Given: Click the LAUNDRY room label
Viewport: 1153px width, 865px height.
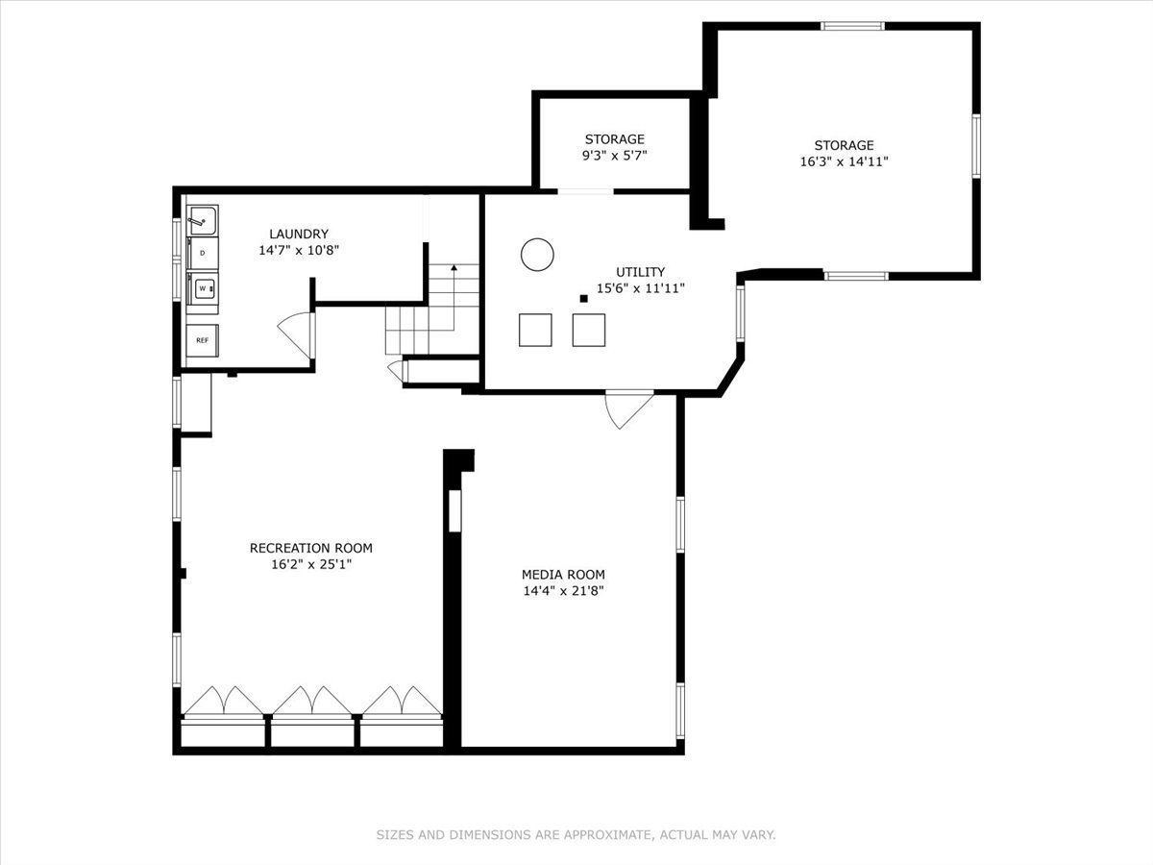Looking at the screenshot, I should point(299,234).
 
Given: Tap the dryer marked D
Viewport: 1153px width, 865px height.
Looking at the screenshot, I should point(202,253).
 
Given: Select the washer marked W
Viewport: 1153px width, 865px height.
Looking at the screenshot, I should point(203,287).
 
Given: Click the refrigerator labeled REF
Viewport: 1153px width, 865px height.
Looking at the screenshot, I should point(203,340).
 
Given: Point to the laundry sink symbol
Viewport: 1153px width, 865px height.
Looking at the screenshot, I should point(202,221).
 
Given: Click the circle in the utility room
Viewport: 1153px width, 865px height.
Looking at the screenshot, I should point(537,255).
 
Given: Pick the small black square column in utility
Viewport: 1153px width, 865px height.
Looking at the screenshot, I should point(583,299).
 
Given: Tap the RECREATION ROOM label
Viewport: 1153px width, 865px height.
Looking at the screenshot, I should point(310,548).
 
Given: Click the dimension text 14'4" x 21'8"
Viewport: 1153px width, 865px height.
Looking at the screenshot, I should point(563,591).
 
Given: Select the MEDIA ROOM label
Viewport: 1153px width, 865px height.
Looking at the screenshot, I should point(563,575).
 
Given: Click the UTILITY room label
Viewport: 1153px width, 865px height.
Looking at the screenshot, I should point(640,272).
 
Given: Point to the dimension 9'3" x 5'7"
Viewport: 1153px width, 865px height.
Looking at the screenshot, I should point(615,156).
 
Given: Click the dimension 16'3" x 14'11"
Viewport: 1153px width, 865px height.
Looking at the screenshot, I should point(844,162).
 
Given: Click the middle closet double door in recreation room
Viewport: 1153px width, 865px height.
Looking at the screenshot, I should point(311,701).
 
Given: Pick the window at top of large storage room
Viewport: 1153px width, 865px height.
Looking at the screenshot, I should point(852,26).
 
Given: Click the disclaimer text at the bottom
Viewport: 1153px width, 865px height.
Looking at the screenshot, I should point(576,835).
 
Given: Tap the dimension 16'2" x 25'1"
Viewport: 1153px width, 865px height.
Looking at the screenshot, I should point(310,565).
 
